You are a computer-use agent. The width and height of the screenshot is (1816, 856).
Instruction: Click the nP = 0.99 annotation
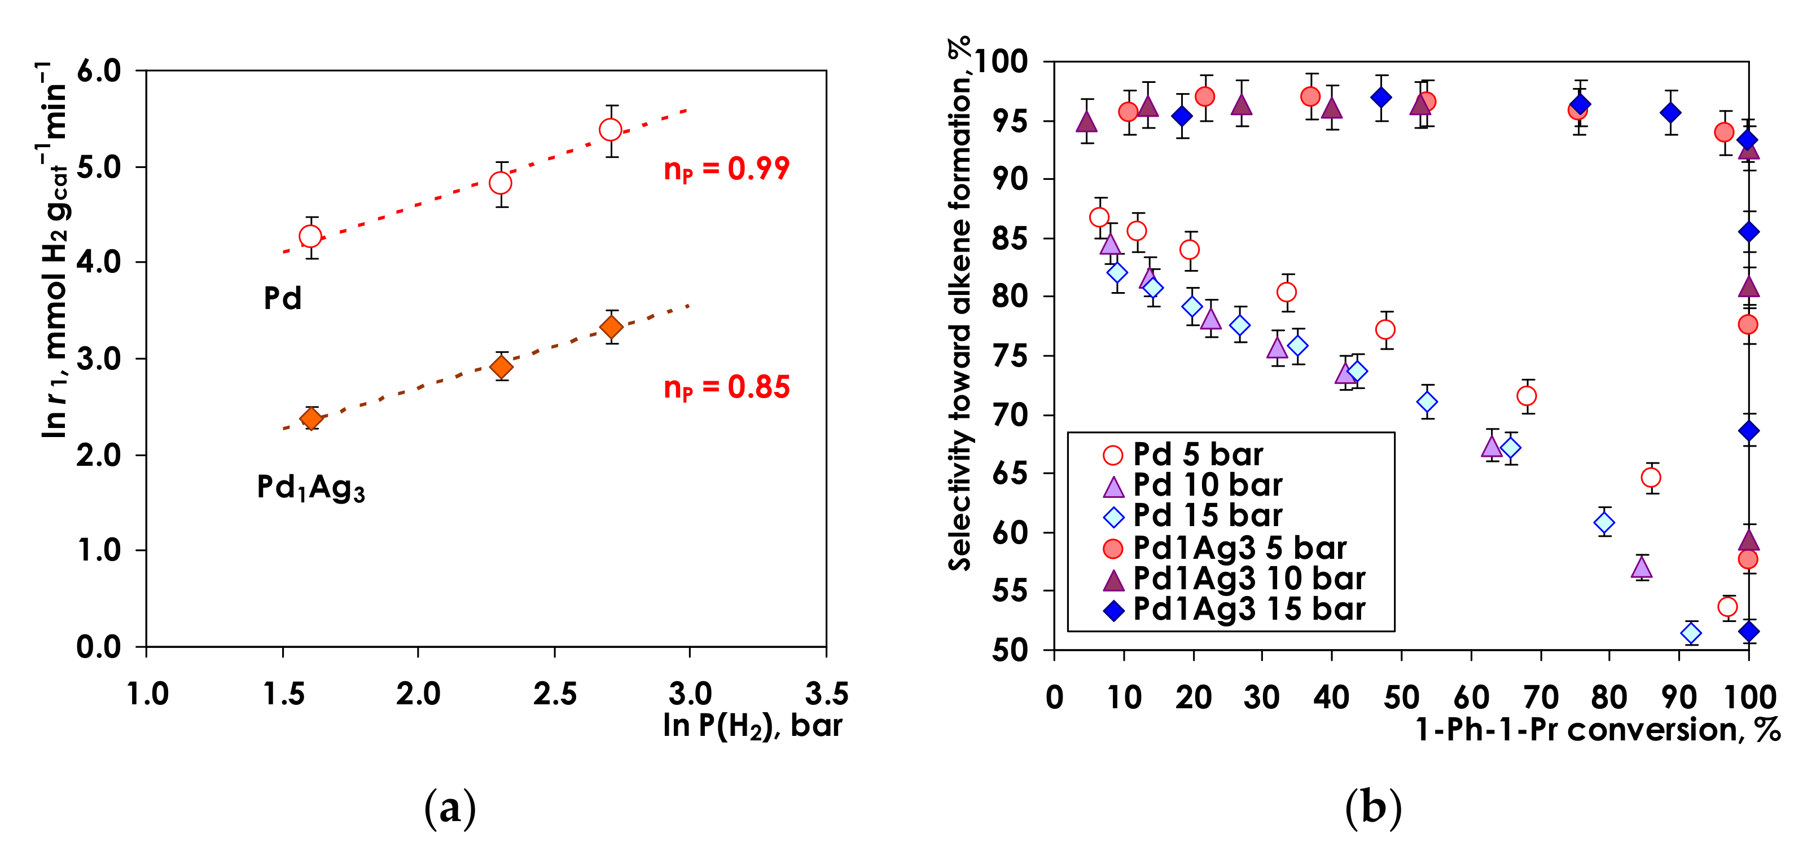coord(726,170)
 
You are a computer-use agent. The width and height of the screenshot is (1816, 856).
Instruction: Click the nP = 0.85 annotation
coord(726,387)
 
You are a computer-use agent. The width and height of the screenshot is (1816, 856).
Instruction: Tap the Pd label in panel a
coord(283,299)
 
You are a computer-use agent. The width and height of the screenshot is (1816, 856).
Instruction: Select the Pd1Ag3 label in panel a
coord(310,488)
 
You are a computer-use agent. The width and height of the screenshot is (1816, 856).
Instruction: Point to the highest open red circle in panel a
coord(611,130)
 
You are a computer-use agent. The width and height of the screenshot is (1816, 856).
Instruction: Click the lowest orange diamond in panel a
coord(311,418)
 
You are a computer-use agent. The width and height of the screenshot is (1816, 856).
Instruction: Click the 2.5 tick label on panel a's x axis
coord(554,694)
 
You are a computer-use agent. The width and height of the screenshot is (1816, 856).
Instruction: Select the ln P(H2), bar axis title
coord(752,726)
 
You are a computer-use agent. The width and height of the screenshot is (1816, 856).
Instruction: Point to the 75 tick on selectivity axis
coord(1012,356)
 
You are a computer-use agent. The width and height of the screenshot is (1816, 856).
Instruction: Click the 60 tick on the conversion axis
coord(1471,698)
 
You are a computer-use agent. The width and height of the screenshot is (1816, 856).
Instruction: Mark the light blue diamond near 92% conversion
coord(1691,633)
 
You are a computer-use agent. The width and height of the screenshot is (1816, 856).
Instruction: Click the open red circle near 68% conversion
coord(1527,396)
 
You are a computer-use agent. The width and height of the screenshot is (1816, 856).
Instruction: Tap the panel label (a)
coord(450,809)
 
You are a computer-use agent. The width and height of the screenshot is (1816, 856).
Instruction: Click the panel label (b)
coord(1372,809)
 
